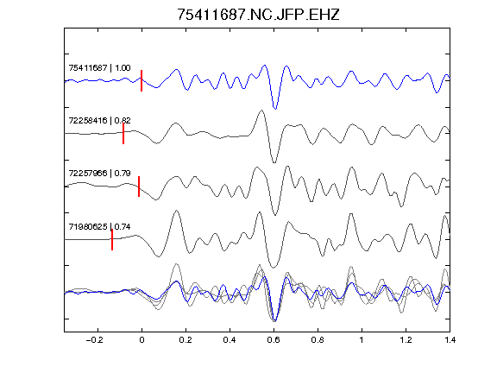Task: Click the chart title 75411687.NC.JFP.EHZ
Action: (x=258, y=15)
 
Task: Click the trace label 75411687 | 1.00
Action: (x=99, y=68)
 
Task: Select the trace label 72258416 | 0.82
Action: (x=99, y=121)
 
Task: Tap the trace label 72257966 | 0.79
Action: (x=99, y=174)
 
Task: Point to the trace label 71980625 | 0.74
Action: (x=99, y=226)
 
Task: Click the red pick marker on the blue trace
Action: (x=142, y=80)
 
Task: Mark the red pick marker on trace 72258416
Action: (x=123, y=134)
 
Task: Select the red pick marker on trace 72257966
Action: (x=139, y=186)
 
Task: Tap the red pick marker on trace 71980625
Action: (x=112, y=239)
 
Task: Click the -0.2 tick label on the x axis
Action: (x=94, y=340)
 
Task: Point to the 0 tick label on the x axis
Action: (x=142, y=340)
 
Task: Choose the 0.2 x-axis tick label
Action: (x=186, y=340)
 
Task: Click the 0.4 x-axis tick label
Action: (x=230, y=340)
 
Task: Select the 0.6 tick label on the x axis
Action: (x=274, y=340)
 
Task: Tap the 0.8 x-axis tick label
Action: (x=318, y=340)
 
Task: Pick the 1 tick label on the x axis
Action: (x=362, y=340)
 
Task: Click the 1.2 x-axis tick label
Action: (x=406, y=340)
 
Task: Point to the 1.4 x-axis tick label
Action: (x=450, y=340)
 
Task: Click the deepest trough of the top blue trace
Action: (x=275, y=109)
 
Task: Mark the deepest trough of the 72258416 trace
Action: (x=274, y=162)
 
